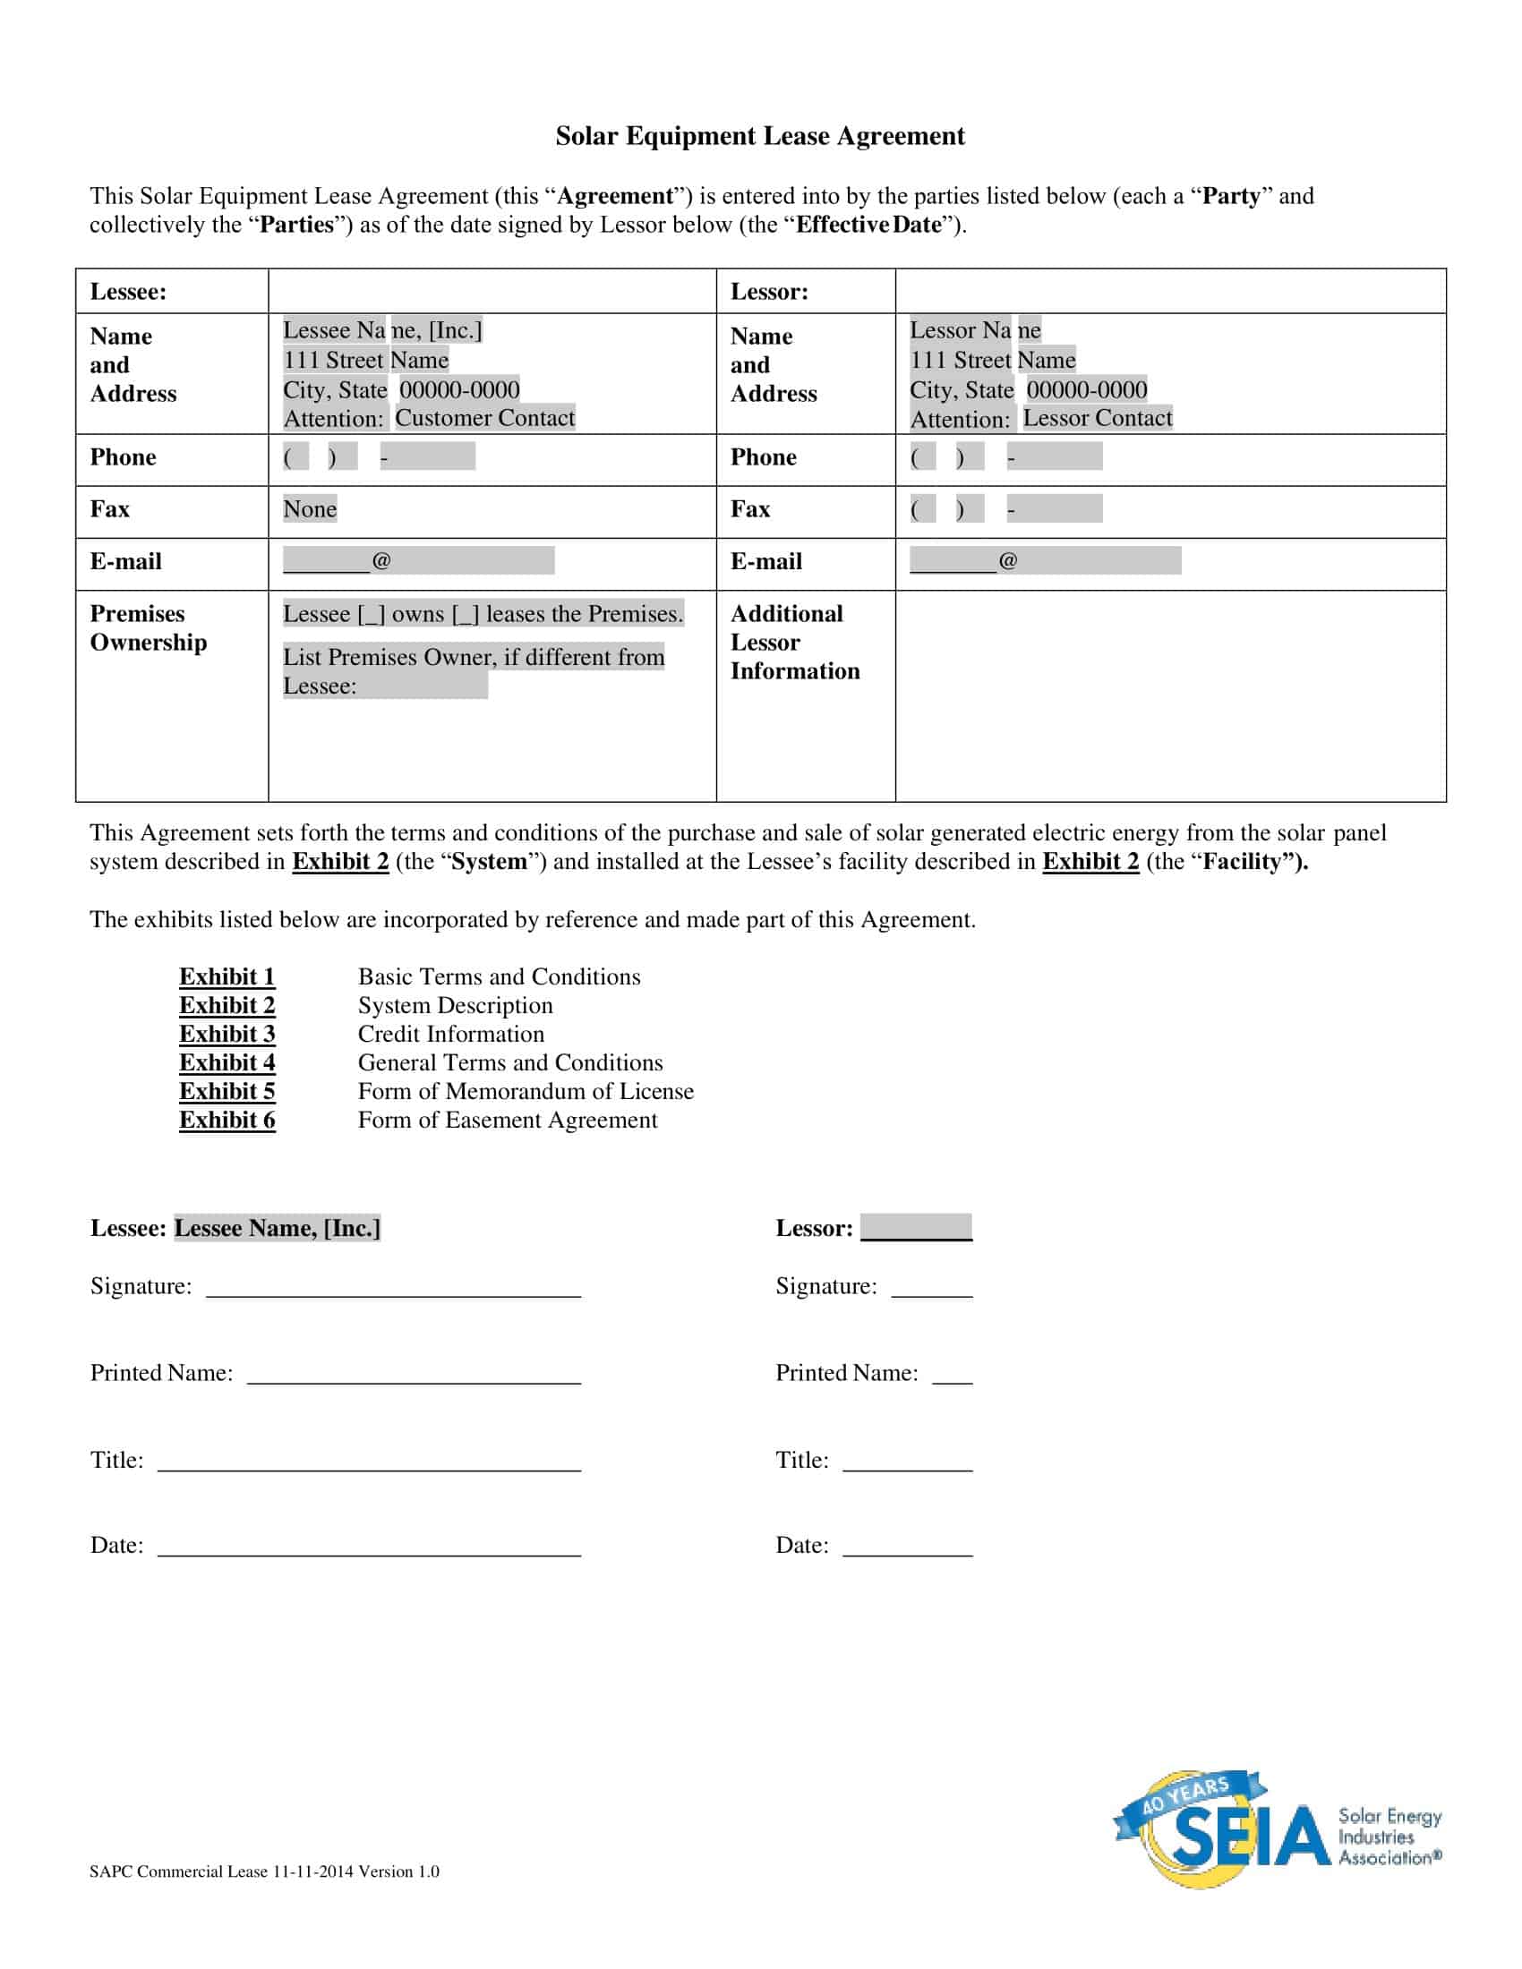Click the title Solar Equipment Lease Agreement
[759, 136]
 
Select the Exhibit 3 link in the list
[227, 1034]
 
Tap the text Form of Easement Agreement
[508, 1120]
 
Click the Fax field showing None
[309, 509]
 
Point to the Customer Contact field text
[484, 418]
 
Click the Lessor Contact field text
[1097, 418]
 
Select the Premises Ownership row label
[148, 628]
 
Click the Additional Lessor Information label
[794, 642]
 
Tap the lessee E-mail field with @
[418, 561]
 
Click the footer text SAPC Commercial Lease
[264, 1871]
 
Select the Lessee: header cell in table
[128, 292]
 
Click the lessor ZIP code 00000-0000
[1087, 390]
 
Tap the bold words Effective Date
[868, 225]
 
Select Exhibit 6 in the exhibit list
[227, 1120]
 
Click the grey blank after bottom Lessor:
[916, 1228]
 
